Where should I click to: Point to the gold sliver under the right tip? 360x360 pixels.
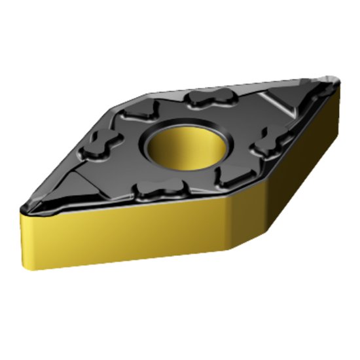(338, 105)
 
